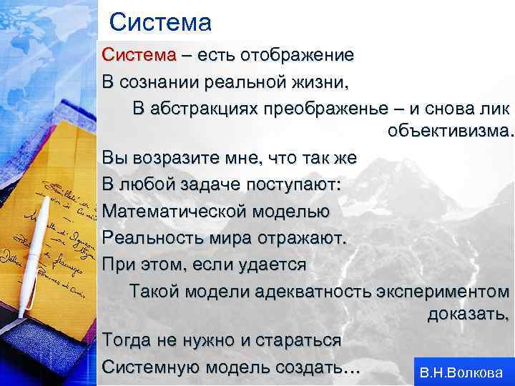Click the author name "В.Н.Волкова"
[461, 372]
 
